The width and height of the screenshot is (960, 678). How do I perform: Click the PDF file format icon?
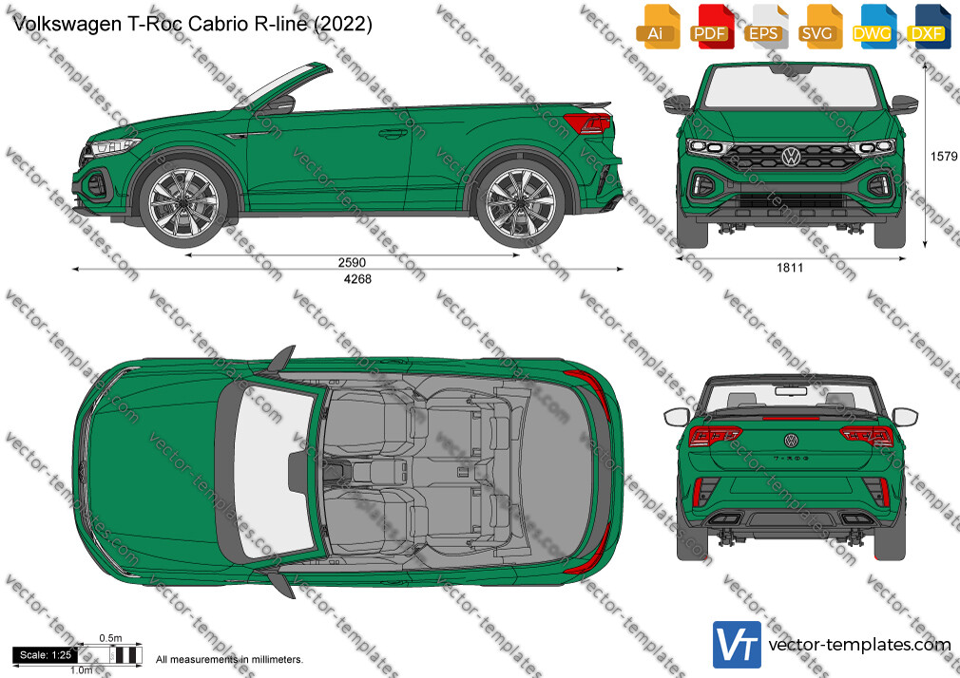710,26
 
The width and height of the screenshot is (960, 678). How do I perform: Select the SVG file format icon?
818,26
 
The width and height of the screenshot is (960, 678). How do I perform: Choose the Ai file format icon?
657,26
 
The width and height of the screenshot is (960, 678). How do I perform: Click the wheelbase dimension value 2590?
352,262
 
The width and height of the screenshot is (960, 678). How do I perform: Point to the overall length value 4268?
357,279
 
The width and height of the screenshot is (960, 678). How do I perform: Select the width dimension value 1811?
790,268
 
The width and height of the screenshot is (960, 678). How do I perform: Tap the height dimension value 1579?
944,157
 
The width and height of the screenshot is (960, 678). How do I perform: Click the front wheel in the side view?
183,202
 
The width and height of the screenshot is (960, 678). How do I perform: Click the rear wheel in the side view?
521,202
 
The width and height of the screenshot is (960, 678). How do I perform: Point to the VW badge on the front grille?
791,157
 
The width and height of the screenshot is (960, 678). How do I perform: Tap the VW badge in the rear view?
791,440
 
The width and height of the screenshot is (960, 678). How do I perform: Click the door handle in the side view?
393,133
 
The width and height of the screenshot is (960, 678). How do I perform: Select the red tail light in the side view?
587,123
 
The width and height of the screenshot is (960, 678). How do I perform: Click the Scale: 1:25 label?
46,655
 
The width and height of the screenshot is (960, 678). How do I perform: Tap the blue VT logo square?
738,645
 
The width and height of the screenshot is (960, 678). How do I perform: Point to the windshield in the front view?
791,87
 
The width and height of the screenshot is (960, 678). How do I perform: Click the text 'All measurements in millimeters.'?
229,660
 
